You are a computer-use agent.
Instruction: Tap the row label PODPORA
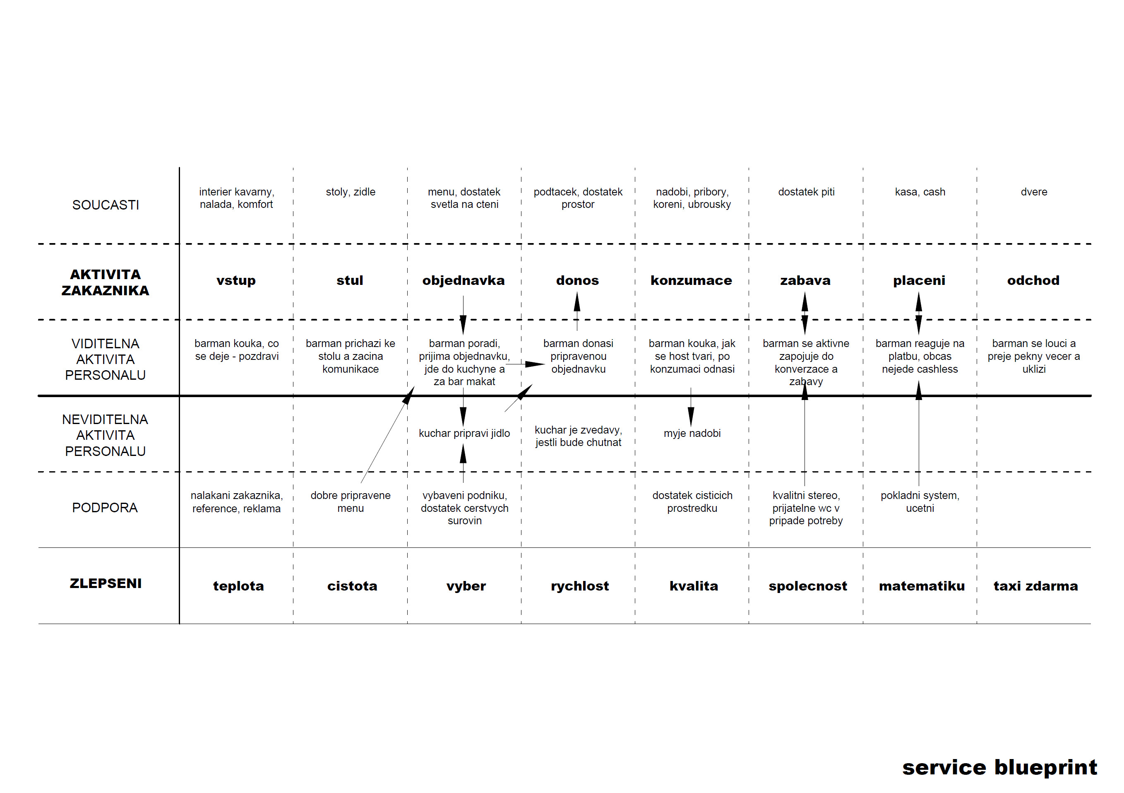point(105,507)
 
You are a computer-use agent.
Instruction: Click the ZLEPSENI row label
point(106,583)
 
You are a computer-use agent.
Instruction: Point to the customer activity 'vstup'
point(236,281)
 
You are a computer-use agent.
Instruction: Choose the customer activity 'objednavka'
point(464,281)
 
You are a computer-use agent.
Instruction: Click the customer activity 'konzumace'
point(691,281)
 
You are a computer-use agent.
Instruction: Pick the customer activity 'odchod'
point(1033,281)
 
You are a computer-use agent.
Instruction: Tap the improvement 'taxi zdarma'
point(1036,586)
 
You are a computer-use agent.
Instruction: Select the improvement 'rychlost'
point(580,586)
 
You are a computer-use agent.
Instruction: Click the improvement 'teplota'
point(238,586)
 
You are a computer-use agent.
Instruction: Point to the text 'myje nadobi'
point(692,433)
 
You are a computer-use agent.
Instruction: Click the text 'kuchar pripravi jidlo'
point(464,433)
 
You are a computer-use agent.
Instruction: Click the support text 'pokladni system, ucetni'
point(920,501)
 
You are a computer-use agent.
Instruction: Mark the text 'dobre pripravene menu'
point(351,501)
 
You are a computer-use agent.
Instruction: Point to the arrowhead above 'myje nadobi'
point(691,417)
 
